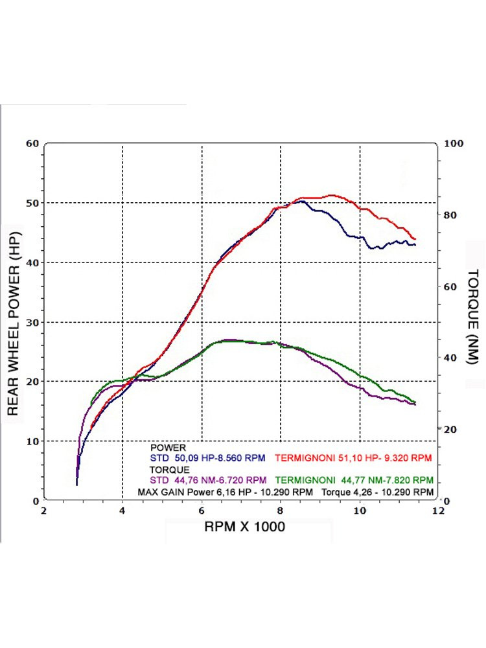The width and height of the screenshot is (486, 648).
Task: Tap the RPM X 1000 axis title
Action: pyautogui.click(x=244, y=527)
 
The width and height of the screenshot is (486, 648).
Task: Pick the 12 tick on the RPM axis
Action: pyautogui.click(x=438, y=511)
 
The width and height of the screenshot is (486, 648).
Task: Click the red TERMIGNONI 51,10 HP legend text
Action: pyautogui.click(x=353, y=458)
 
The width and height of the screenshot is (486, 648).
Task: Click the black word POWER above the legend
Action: pyautogui.click(x=168, y=447)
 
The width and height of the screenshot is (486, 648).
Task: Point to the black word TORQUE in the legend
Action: pyautogui.click(x=170, y=470)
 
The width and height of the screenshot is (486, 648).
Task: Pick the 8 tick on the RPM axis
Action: pyautogui.click(x=281, y=511)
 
